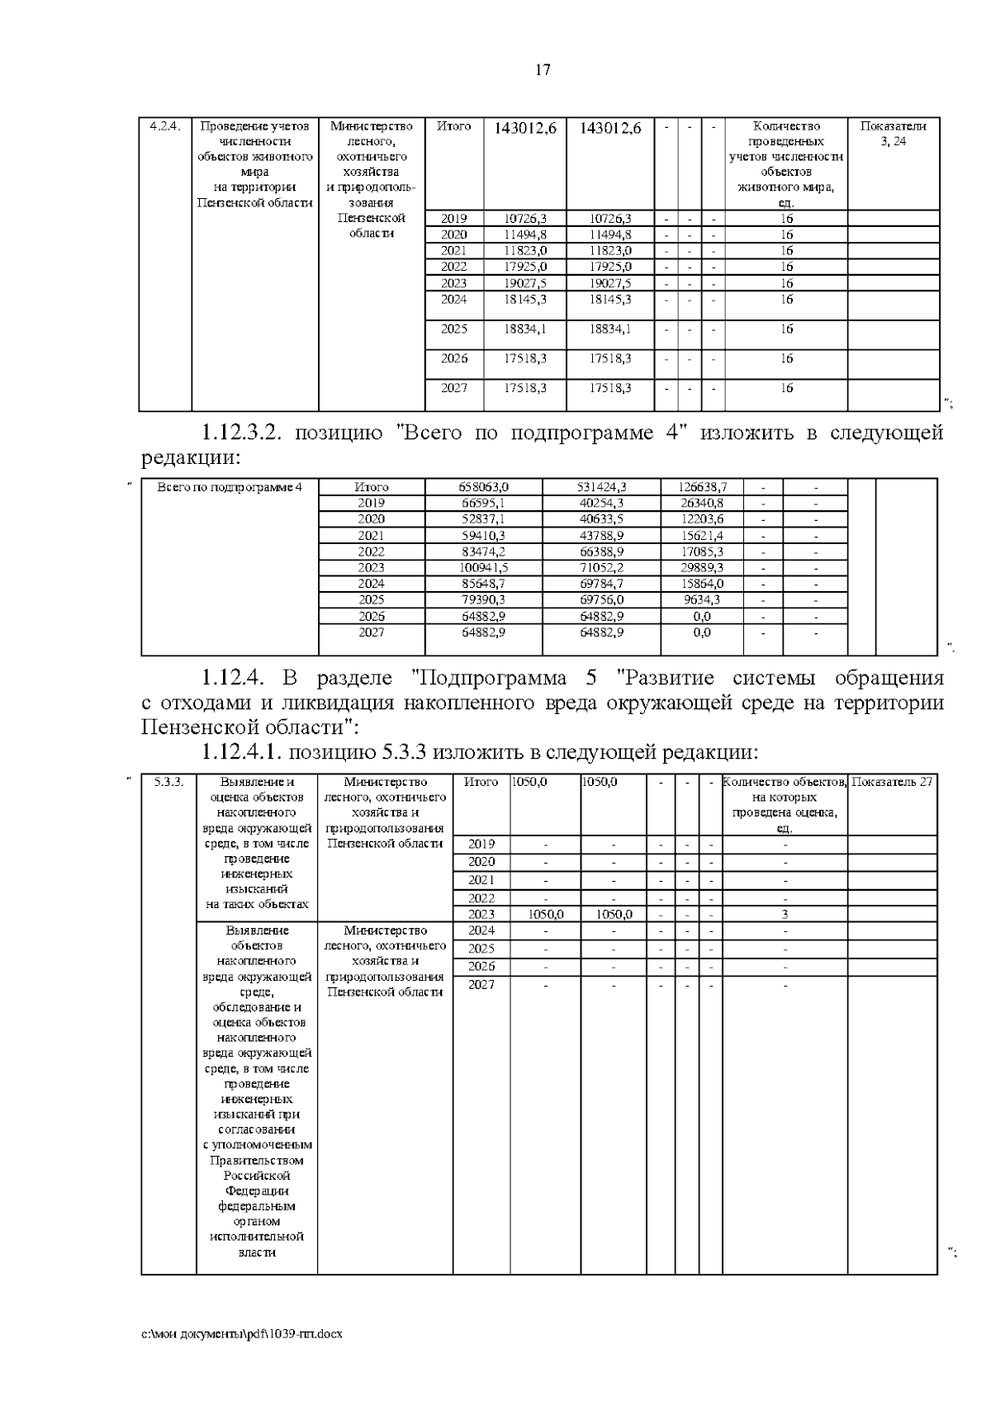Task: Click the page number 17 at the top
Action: (x=543, y=70)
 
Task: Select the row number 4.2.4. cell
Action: (x=165, y=126)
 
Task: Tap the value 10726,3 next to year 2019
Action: (x=526, y=219)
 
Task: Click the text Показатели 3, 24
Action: (x=893, y=134)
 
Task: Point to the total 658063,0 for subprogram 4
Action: (x=483, y=487)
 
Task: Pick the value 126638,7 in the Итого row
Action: (x=699, y=487)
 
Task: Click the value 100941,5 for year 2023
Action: (x=483, y=568)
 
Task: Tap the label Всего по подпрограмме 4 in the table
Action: (x=230, y=487)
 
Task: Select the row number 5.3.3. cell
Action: (x=168, y=782)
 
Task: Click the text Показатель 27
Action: (x=892, y=782)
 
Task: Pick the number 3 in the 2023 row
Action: (x=785, y=915)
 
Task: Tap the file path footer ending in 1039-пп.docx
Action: (x=241, y=1333)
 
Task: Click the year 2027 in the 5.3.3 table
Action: (x=481, y=985)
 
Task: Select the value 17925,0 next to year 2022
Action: (x=526, y=267)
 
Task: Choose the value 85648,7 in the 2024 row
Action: (x=483, y=584)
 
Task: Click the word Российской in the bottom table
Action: (x=257, y=1175)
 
